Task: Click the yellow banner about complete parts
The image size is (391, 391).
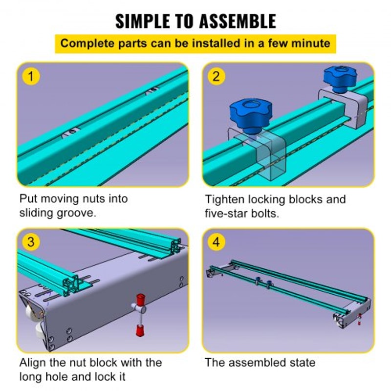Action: (x=195, y=43)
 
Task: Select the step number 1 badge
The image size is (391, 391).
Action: (x=31, y=77)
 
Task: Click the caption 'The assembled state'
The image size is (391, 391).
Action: (x=260, y=362)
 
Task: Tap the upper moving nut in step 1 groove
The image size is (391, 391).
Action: (x=152, y=90)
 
